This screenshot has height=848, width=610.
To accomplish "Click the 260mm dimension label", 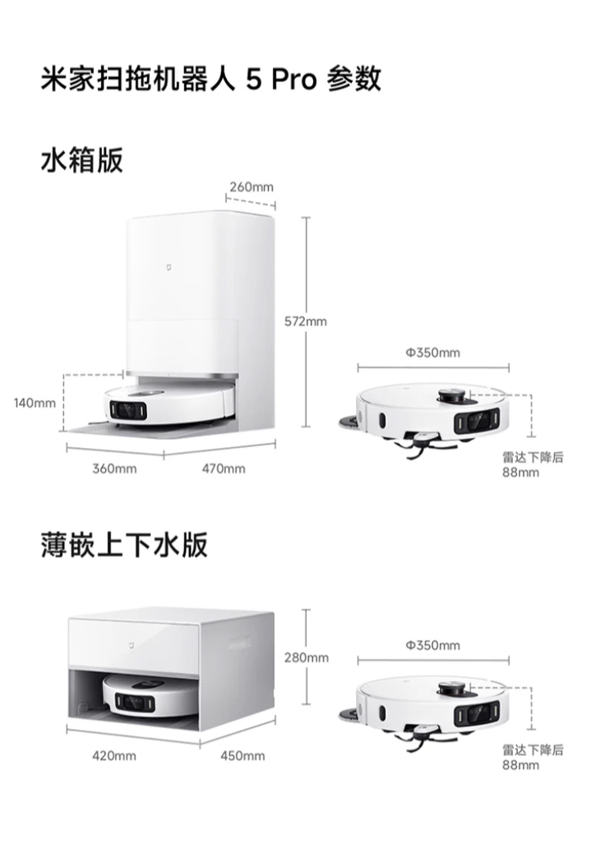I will tap(251, 187).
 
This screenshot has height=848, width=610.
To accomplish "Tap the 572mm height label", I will tap(305, 321).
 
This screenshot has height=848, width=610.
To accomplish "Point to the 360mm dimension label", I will tap(114, 468).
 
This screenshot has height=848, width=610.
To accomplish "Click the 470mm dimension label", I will tap(223, 468).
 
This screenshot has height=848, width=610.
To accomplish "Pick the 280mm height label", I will tap(306, 657).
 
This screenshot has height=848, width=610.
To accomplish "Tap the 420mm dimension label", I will tap(114, 755).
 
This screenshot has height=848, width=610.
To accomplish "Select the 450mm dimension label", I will tap(243, 755).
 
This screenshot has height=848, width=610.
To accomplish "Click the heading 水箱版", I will tap(81, 160).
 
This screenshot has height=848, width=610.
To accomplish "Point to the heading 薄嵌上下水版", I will tap(124, 545).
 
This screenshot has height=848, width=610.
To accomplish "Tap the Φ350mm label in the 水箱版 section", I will tap(432, 353).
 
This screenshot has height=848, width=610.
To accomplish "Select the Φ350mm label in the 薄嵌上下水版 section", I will tap(432, 646).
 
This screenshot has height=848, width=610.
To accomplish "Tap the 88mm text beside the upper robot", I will tap(521, 472).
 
